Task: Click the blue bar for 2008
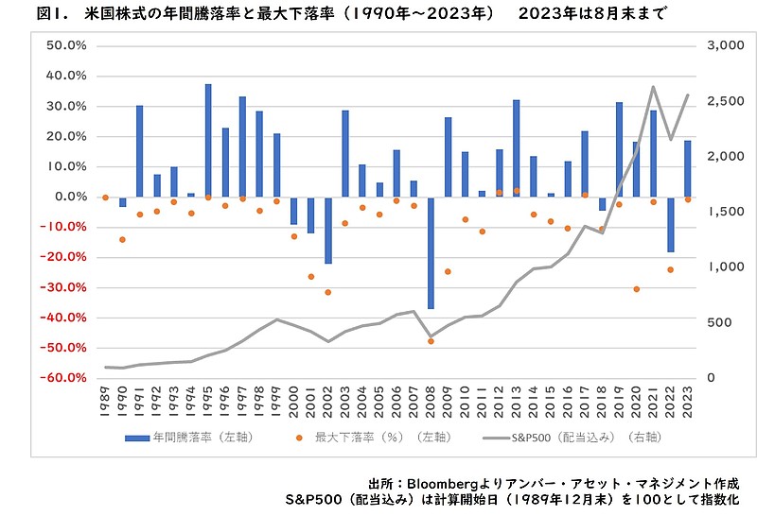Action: tap(431, 252)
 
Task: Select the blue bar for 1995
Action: tap(208, 140)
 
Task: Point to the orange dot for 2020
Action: tap(637, 289)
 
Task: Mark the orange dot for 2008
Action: tap(431, 341)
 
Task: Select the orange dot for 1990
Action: tap(122, 239)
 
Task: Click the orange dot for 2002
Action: tap(328, 292)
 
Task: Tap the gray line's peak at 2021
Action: tap(654, 87)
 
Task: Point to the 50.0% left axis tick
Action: tap(67, 45)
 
